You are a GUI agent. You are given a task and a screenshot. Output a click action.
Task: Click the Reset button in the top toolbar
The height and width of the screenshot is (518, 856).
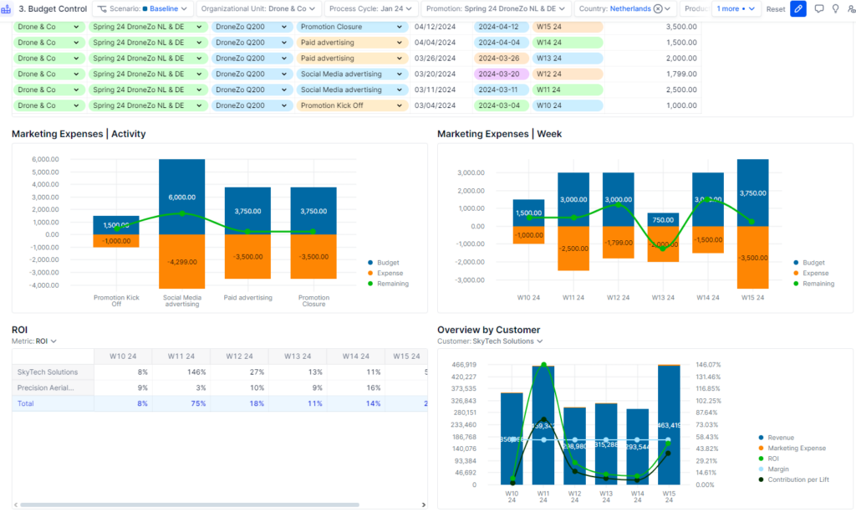pos(776,9)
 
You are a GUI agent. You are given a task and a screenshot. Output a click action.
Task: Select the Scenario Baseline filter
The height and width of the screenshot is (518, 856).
pos(144,8)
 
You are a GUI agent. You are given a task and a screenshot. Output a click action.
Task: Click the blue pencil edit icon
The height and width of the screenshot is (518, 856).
pos(798,8)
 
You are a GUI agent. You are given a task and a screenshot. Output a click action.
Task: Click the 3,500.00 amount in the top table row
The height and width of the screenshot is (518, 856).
pos(680,27)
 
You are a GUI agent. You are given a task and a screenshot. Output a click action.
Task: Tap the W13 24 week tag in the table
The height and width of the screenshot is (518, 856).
pos(568,59)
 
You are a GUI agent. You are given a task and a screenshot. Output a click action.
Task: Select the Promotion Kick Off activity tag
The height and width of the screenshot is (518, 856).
pos(351,105)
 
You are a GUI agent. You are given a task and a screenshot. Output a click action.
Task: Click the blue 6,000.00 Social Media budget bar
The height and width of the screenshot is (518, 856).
pos(182,197)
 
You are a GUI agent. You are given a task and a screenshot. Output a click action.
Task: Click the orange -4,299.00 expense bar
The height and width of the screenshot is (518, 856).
pos(182,261)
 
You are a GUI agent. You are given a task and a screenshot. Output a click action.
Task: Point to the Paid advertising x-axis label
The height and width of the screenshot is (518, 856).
pos(247,297)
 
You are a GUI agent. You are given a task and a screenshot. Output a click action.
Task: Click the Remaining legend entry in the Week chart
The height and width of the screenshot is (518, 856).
pos(818,284)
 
